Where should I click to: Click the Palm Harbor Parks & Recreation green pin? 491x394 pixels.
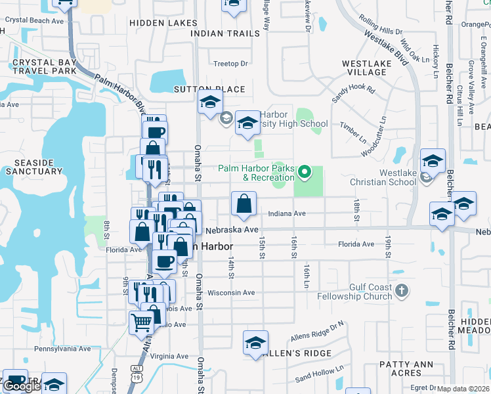coord(304,173)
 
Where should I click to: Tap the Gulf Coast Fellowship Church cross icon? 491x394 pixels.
coord(402,289)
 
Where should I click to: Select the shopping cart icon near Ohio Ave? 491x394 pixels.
coord(142,323)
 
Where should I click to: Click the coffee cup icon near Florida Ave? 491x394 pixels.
coord(164,262)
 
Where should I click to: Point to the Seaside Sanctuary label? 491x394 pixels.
coord(33,167)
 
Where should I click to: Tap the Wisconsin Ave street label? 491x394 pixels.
coord(230,293)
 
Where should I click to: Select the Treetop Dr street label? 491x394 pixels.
coord(230,64)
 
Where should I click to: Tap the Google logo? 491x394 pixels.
coord(23,387)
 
